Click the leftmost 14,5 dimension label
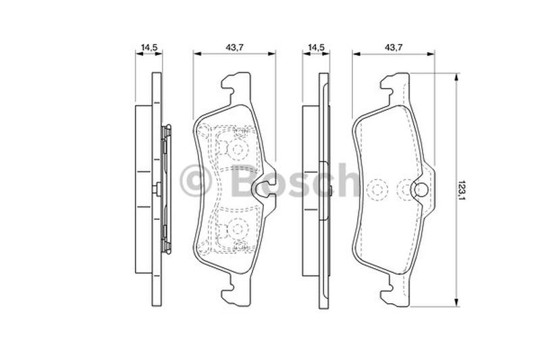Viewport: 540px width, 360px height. click(x=149, y=47)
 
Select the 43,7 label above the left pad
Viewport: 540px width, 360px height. click(x=234, y=47)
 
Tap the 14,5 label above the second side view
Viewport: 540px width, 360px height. click(x=316, y=47)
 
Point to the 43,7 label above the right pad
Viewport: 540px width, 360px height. click(x=394, y=47)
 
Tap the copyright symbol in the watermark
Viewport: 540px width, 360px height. click(x=195, y=181)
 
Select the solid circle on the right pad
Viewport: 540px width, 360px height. click(x=420, y=190)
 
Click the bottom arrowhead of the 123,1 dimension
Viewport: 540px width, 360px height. click(x=456, y=303)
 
